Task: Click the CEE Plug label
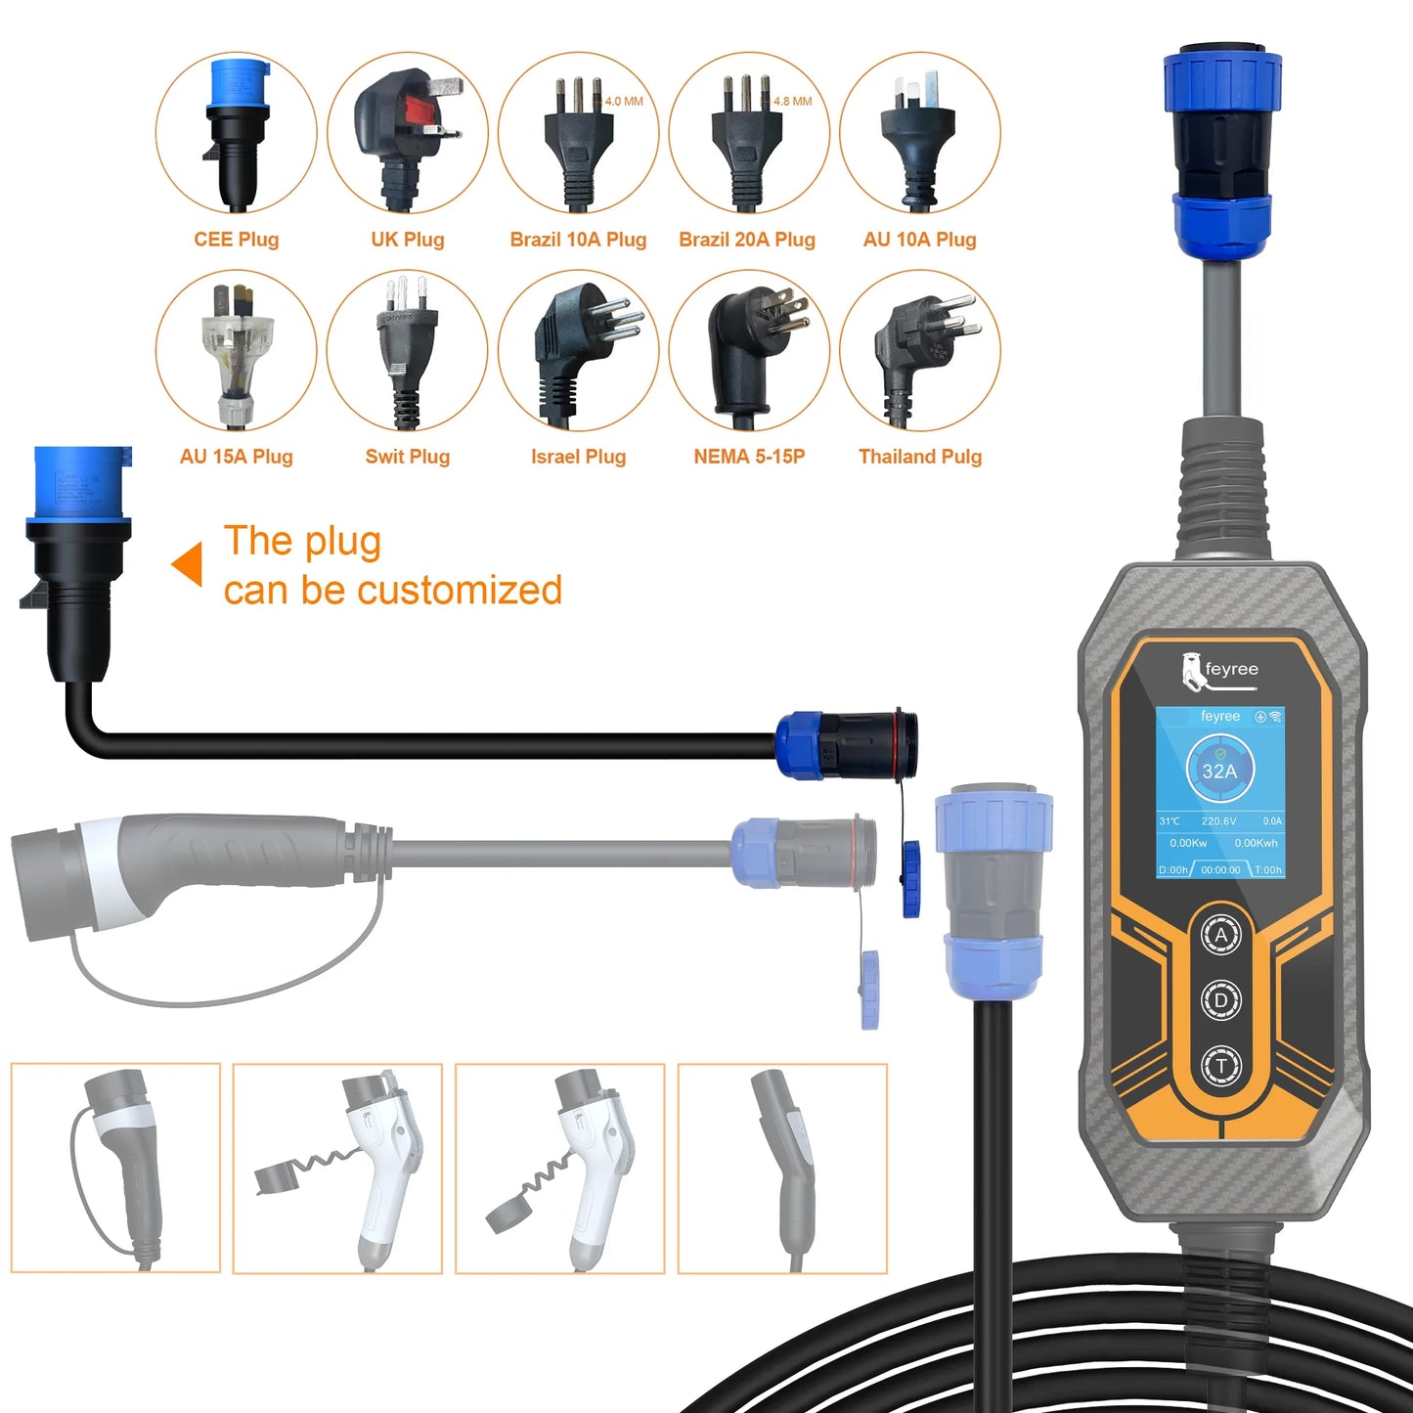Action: tap(236, 240)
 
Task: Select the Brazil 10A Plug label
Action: tap(578, 240)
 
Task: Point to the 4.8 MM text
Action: tap(793, 102)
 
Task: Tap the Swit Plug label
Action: tap(407, 457)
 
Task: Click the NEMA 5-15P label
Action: tap(749, 457)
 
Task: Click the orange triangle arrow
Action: tap(188, 564)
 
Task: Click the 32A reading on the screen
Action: tap(1219, 771)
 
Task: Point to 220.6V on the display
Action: tap(1218, 821)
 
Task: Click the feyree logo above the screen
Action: tap(1218, 671)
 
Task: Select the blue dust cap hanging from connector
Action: tap(911, 877)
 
